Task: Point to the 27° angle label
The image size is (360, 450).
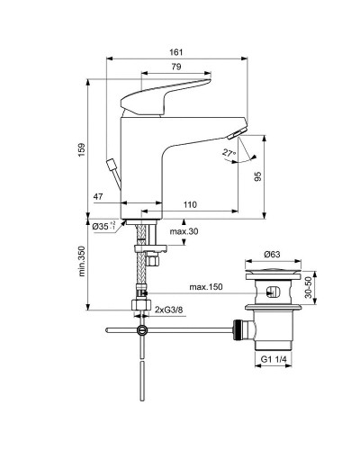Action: (x=229, y=154)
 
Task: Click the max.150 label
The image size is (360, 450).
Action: (x=206, y=288)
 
